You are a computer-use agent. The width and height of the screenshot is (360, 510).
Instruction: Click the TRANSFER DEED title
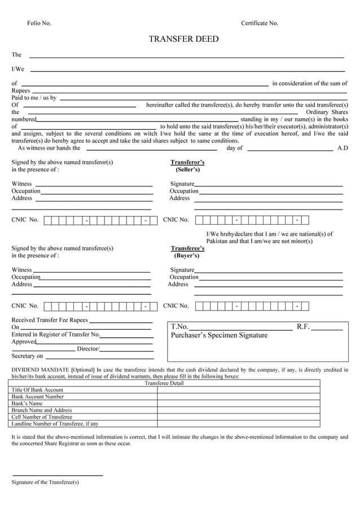183,39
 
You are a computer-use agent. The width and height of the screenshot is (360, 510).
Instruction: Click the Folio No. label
39,23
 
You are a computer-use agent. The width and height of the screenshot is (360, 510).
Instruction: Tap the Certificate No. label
260,23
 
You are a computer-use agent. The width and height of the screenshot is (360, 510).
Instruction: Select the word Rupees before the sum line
21,90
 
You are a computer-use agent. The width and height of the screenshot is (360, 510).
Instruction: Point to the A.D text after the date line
343,148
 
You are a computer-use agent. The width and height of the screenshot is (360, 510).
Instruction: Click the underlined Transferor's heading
187,162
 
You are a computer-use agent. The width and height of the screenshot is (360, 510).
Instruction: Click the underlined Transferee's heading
187,248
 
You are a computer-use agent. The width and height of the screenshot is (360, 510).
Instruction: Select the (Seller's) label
187,169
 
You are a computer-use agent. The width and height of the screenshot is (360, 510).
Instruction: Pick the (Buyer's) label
187,255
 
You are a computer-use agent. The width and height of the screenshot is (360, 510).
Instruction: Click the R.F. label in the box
303,326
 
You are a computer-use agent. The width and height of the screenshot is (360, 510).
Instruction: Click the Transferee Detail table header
164,383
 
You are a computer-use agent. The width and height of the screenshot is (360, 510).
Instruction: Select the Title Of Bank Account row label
37,390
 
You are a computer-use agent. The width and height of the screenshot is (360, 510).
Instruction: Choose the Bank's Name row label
27,403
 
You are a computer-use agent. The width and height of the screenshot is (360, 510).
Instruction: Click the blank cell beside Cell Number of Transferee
238,417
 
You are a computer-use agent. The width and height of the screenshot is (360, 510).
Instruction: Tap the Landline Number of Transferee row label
55,424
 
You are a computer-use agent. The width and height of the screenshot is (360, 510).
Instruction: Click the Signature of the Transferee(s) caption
45,482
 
